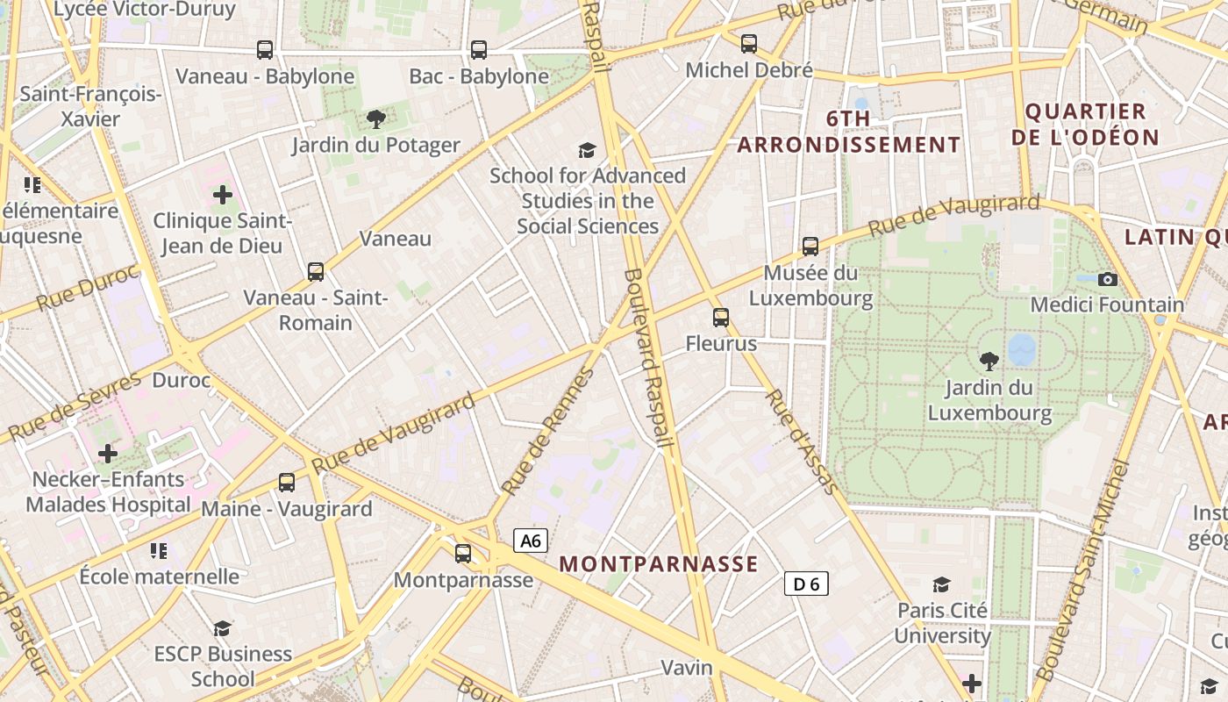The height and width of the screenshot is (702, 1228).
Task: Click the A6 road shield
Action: (531, 541)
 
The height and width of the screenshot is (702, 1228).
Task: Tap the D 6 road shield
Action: (805, 584)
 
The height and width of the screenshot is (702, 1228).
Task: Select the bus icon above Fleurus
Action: (721, 317)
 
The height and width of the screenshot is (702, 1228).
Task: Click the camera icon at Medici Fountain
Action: (1108, 279)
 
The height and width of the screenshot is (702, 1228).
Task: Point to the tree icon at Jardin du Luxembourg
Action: (989, 361)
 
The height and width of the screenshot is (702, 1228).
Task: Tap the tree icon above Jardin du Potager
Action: (375, 118)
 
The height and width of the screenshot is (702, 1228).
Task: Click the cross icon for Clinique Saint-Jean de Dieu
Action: (223, 195)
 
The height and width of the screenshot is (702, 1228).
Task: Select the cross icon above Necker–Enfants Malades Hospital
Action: (108, 454)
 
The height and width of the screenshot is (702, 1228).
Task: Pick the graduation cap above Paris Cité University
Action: (941, 584)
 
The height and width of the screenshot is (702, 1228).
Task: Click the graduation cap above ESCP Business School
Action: (222, 628)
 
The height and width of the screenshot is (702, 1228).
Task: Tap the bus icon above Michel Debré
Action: (748, 44)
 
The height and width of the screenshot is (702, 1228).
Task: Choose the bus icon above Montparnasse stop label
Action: (462, 554)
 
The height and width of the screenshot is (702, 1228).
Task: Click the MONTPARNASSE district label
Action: (658, 564)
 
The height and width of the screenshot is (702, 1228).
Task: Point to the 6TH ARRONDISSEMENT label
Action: (849, 132)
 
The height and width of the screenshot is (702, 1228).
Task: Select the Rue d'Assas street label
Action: (800, 442)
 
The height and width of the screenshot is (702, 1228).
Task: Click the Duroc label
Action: (182, 381)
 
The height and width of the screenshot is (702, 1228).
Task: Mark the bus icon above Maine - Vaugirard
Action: (287, 482)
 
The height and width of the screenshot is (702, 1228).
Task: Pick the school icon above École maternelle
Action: (158, 551)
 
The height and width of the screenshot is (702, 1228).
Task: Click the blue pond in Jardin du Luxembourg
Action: (1022, 349)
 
